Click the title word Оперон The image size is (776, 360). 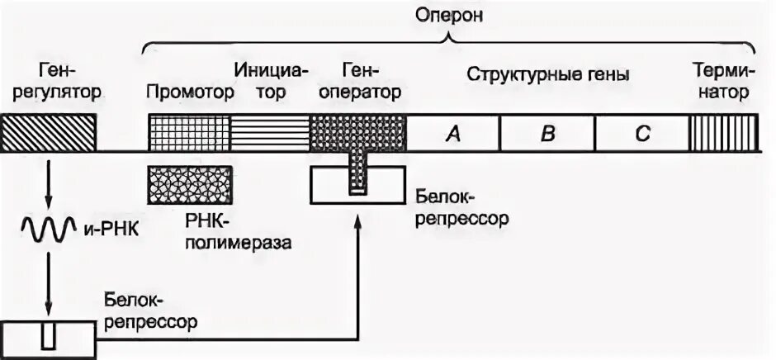click(447, 17)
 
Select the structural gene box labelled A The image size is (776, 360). click(452, 134)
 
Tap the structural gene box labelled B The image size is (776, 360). click(547, 134)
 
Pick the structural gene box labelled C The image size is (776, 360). click(641, 134)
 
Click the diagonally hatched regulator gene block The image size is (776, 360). click(49, 133)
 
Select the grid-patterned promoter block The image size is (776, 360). click(188, 133)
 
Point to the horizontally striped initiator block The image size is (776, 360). click(269, 133)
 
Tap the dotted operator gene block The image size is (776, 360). click(357, 133)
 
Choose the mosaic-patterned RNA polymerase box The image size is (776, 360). click(190, 185)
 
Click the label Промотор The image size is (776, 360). click(190, 92)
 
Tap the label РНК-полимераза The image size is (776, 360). click(239, 234)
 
